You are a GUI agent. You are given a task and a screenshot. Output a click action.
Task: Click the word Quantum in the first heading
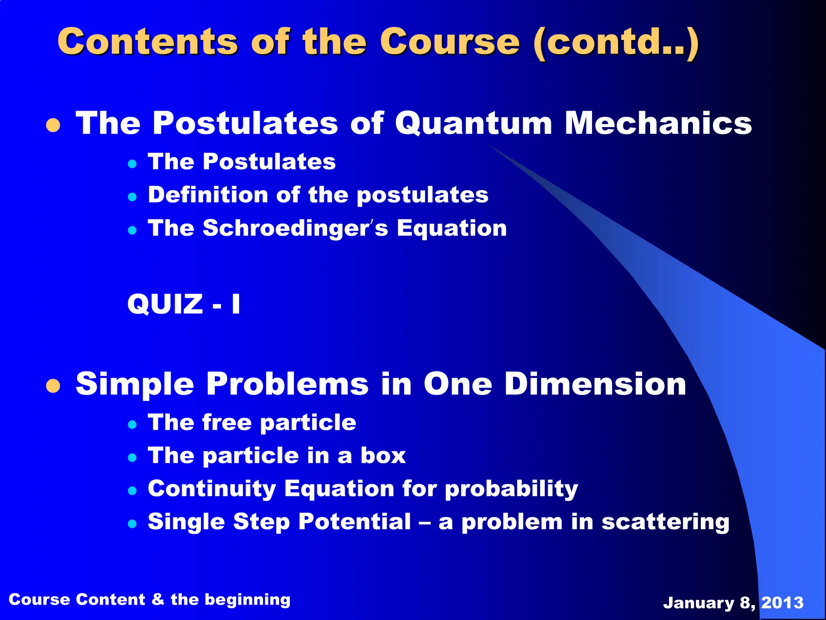[473, 123]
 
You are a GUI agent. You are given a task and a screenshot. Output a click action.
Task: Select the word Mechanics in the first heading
[658, 123]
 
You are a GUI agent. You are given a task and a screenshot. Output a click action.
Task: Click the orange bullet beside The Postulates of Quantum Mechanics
[53, 126]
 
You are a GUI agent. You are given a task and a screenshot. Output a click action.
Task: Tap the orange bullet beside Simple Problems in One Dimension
[53, 386]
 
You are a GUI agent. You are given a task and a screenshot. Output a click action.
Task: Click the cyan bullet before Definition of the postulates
[132, 197]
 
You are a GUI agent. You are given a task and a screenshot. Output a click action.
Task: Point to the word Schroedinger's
[295, 228]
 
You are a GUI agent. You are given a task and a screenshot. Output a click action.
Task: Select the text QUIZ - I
[184, 304]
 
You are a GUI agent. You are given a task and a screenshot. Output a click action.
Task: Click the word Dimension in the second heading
[595, 383]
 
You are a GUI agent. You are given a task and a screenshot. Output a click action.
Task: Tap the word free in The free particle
[227, 423]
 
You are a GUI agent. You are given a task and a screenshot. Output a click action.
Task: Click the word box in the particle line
[383, 456]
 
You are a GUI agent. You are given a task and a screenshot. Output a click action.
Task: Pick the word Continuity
[212, 489]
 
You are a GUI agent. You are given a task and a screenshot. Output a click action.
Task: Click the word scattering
[665, 522]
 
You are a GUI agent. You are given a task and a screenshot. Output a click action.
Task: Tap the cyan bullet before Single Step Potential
[132, 524]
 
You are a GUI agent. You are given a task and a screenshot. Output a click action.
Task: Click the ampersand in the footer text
[158, 599]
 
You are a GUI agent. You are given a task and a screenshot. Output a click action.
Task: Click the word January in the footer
[699, 603]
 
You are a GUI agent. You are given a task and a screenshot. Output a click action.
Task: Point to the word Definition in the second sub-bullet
[208, 195]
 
